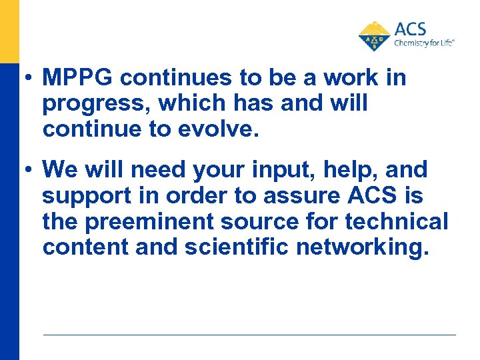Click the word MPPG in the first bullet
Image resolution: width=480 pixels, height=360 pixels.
tap(78, 78)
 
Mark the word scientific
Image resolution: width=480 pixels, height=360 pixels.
tap(227, 247)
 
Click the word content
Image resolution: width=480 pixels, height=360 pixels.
tap(85, 247)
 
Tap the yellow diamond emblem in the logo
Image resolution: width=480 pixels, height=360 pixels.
tap(375, 36)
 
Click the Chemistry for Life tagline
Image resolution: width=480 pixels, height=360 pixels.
tap(425, 42)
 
